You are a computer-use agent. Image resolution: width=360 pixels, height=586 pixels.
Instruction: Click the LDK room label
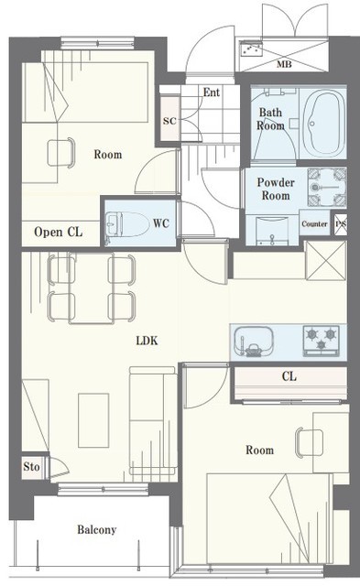coord(147,341)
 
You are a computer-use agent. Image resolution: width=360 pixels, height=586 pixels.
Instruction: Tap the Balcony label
coord(97,529)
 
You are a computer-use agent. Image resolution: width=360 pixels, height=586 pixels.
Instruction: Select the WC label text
coord(161,223)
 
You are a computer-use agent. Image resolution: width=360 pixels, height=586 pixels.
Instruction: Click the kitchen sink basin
coord(253,342)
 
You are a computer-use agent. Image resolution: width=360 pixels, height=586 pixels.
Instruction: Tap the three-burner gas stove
coord(322,340)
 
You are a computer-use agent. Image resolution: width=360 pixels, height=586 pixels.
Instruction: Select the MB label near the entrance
coord(284,64)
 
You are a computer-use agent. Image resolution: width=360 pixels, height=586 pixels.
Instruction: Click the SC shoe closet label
coord(169,121)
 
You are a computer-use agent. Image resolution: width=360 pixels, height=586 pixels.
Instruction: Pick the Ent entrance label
coord(212,92)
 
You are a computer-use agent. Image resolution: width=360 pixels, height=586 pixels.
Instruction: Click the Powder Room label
coord(276,190)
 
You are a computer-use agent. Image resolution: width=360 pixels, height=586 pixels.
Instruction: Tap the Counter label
coord(314,223)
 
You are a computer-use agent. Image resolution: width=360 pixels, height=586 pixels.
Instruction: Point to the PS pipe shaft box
coord(341,224)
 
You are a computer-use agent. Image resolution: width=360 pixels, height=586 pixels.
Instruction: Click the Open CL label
coord(58,232)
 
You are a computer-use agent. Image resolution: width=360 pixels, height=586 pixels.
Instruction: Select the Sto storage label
coord(31,466)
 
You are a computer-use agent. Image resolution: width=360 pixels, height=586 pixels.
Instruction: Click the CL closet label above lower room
coord(289,376)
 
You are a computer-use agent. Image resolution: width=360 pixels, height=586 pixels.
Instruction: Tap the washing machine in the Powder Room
coord(327,187)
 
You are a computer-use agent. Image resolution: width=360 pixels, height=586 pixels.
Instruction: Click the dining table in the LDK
coord(92,288)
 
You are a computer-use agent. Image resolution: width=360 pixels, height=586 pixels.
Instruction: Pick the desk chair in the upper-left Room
coord(61,153)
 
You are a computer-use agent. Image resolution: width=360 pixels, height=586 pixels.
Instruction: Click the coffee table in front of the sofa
coord(93,420)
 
